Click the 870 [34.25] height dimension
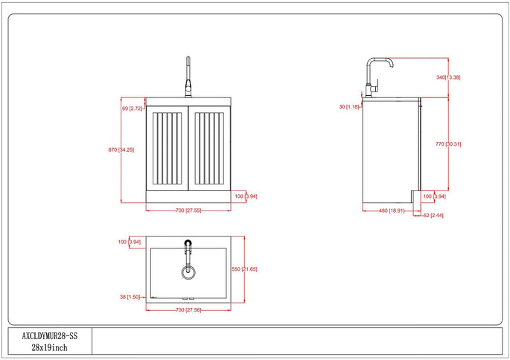(x=121, y=150)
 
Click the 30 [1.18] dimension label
(x=349, y=107)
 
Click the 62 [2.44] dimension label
(x=433, y=216)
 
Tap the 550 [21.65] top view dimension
(x=245, y=269)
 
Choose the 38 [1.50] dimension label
(x=130, y=296)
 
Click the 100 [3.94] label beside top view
(x=130, y=242)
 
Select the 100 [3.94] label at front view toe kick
(x=246, y=196)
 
